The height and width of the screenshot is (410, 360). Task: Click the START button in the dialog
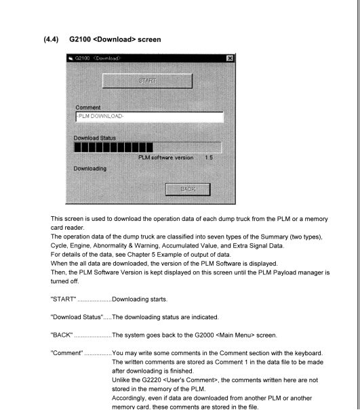point(146,81)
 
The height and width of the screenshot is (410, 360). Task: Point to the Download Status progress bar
point(148,147)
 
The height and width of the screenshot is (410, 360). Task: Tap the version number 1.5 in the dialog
point(207,157)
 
